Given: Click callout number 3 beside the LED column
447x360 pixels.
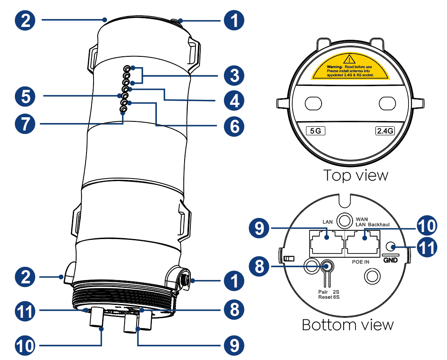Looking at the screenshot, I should click(233, 76).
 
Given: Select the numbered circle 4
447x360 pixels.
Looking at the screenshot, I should click(233, 101).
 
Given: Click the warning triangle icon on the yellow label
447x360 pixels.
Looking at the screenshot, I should click(350, 58).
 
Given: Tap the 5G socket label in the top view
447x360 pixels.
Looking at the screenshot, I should click(315, 131).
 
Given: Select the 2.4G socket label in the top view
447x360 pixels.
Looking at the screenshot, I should click(385, 131).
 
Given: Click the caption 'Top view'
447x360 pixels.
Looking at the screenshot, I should click(356, 175).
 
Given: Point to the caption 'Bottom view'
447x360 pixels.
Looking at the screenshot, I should click(348, 324).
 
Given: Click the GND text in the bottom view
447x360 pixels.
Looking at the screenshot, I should click(390, 260).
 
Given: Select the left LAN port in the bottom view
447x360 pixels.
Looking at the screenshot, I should click(326, 242).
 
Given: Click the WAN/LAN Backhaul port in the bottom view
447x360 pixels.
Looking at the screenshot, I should click(362, 242).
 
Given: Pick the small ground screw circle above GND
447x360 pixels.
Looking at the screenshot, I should click(390, 245).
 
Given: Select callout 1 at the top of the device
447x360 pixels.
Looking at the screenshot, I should click(233, 20).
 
